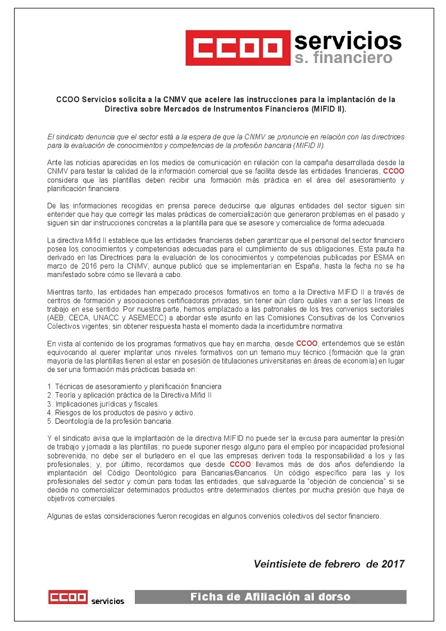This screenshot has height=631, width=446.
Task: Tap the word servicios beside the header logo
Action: (x=348, y=40)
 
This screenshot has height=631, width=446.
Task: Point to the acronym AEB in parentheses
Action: (x=58, y=317)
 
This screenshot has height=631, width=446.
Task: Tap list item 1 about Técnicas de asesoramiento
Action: (x=134, y=387)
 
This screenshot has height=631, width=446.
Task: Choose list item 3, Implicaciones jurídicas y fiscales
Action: (x=103, y=403)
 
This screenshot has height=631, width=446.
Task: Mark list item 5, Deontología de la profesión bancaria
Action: (x=110, y=420)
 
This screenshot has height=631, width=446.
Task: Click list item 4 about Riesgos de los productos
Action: (x=121, y=412)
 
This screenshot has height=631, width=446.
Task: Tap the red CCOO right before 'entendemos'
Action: (x=307, y=343)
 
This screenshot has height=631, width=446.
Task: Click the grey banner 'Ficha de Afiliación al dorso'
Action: (x=270, y=597)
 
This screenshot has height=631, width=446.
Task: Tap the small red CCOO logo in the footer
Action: (x=67, y=597)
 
